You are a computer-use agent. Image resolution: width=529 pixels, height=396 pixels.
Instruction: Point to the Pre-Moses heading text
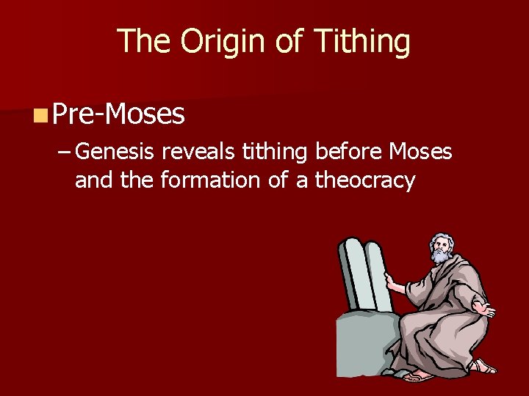tap(118, 114)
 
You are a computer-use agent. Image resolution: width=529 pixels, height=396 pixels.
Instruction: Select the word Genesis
tap(115, 152)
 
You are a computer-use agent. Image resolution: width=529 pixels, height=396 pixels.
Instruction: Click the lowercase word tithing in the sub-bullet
tap(272, 152)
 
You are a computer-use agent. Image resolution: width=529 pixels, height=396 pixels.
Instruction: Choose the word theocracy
tap(365, 180)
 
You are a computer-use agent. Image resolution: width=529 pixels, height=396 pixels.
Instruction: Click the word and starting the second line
tap(94, 180)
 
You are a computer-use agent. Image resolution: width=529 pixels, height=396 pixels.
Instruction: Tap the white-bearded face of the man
tap(441, 248)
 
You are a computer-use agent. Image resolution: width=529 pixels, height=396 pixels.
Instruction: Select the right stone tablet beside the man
tap(375, 276)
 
